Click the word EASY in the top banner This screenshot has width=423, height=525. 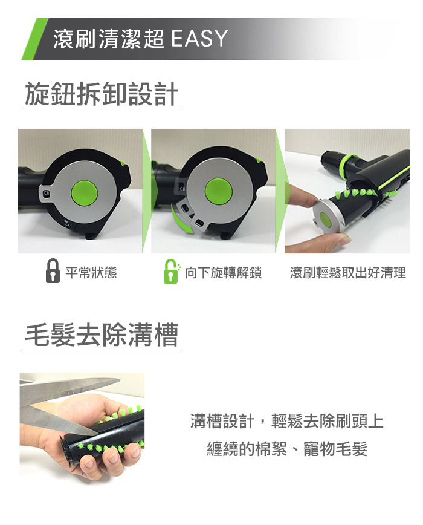(199, 38)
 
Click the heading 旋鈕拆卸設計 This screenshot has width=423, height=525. (102, 94)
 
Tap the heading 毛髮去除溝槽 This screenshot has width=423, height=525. (102, 334)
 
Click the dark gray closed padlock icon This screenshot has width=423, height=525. (53, 271)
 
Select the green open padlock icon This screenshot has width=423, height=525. (172, 271)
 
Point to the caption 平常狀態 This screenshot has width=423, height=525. (91, 273)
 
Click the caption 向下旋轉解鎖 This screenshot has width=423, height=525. (223, 273)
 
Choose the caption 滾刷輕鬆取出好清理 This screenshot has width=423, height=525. (347, 273)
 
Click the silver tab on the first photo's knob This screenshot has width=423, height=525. (46, 194)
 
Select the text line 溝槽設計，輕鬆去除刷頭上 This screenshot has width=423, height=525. (286, 421)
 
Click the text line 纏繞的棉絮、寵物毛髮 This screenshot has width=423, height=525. (287, 449)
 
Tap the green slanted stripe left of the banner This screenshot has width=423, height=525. (35, 39)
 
